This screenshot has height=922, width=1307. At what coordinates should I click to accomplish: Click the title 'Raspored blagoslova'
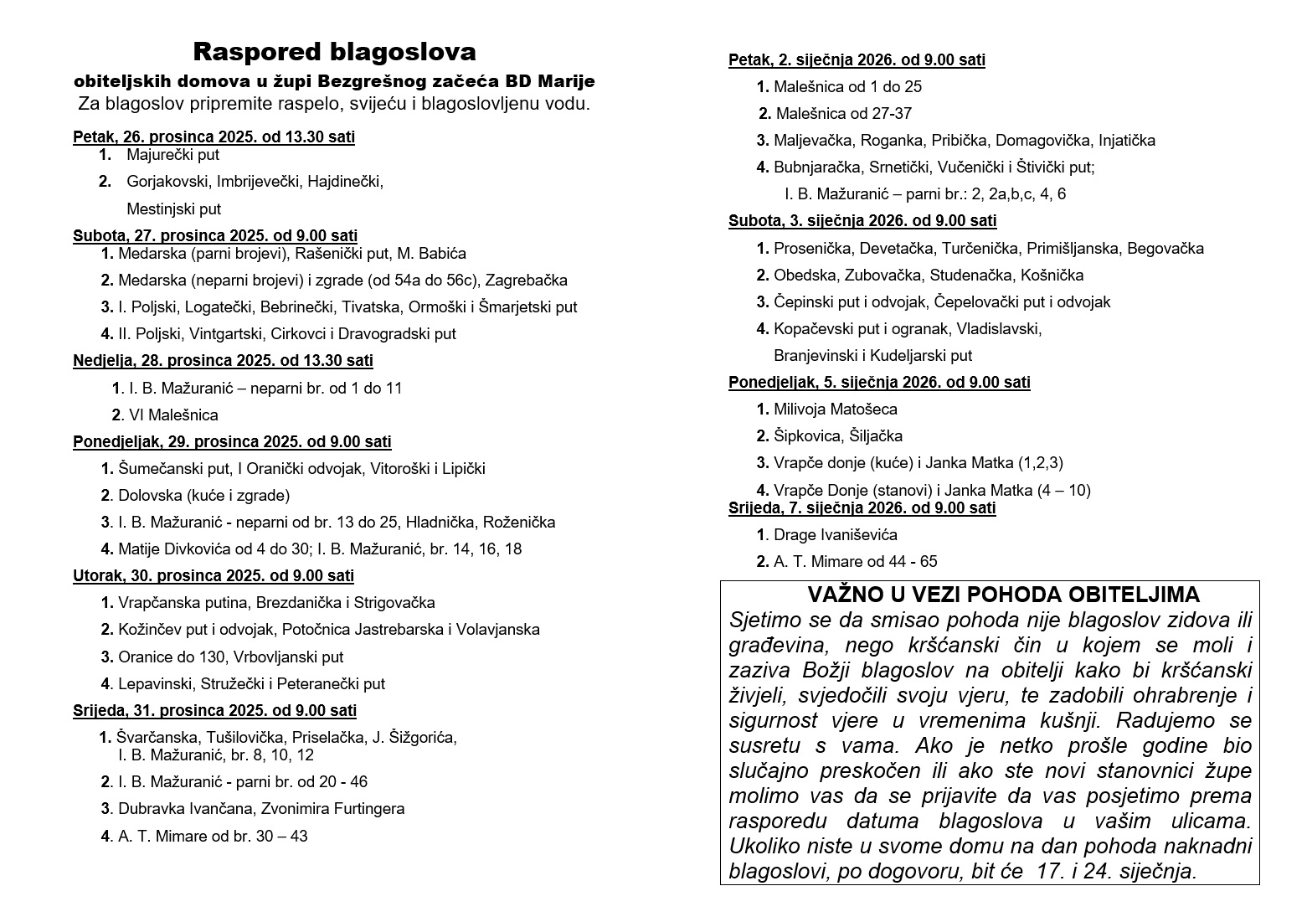[x=334, y=52]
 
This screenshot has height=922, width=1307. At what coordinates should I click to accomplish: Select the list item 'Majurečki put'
[x=172, y=155]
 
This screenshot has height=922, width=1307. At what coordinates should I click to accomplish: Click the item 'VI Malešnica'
[x=173, y=415]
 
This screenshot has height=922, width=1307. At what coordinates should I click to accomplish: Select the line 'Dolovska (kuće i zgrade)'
[x=203, y=496]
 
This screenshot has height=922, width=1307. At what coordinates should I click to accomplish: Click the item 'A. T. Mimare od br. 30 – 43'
[x=213, y=836]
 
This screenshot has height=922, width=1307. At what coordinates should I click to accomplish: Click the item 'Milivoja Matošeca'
[x=835, y=409]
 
